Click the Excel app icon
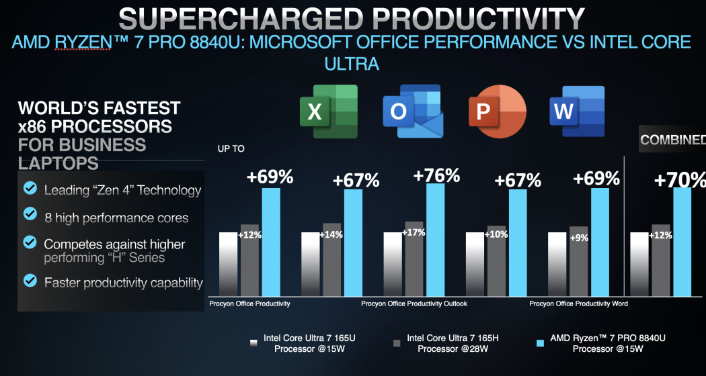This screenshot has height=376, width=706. coord(328,111)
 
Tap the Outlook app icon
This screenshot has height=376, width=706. coord(412,111)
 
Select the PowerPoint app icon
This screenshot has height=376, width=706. coord(496,111)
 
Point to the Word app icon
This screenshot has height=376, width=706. coord(576,111)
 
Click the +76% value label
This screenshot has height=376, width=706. coord(436,176)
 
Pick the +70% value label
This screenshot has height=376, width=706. coord(680,180)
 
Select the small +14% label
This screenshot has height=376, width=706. coord(332,236)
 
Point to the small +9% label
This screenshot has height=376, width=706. coord(578,238)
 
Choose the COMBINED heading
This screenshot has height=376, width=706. coord(672,140)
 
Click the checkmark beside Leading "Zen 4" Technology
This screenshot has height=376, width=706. coord(30,189)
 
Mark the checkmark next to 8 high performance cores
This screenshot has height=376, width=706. coord(30,214)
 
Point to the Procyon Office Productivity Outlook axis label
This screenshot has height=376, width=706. coord(414,304)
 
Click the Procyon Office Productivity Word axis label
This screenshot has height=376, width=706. coord(578,304)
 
